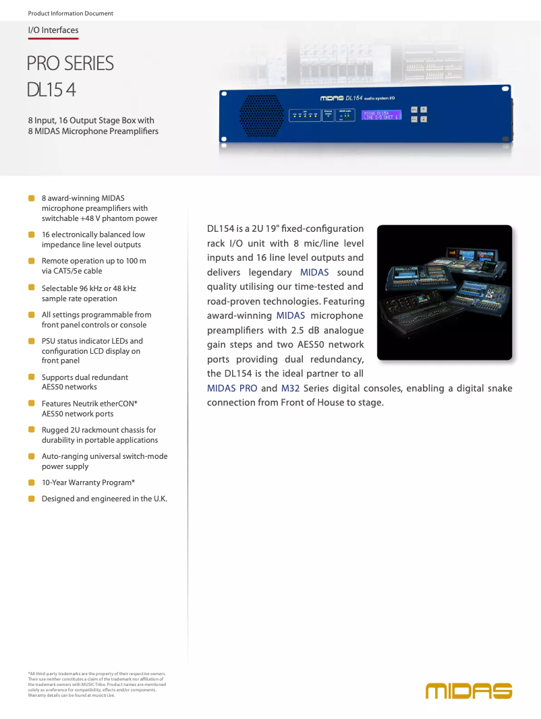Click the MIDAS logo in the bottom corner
469,691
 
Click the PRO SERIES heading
70,63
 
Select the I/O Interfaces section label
53,30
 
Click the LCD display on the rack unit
381,115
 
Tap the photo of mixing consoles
444,292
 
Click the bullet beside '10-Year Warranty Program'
31,482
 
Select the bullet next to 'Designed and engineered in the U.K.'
31,499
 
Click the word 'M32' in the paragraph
290,388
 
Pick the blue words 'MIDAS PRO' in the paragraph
232,388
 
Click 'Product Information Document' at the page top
70,13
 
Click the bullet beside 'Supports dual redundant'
31,377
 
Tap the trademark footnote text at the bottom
96,684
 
